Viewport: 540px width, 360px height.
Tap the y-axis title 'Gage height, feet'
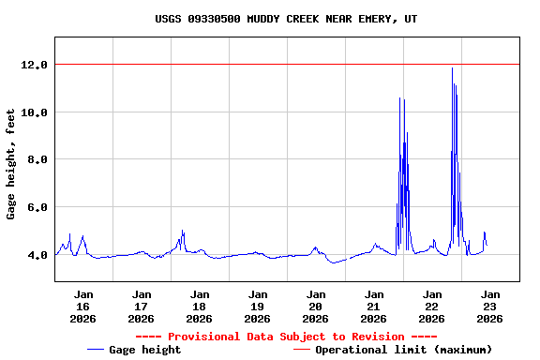click(x=11, y=164)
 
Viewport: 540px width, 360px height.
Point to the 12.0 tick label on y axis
click(x=35, y=65)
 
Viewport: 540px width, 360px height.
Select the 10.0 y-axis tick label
click(x=35, y=112)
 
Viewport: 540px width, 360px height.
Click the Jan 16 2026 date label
click(x=82, y=307)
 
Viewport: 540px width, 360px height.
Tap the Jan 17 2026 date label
click(x=141, y=307)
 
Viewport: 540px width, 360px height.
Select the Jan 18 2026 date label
click(x=199, y=307)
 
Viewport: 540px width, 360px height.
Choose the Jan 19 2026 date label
click(x=257, y=307)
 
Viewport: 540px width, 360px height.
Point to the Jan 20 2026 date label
click(x=315, y=307)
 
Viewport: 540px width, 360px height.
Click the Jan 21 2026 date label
click(x=373, y=307)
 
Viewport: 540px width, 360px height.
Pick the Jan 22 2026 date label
click(x=431, y=307)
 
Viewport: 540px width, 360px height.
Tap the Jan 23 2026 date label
click(x=489, y=307)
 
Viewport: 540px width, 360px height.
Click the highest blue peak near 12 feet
click(x=452, y=68)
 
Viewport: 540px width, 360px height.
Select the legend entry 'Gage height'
click(x=144, y=350)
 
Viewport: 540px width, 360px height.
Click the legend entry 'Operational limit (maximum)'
click(x=403, y=350)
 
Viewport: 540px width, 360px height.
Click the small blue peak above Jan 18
click(x=183, y=232)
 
